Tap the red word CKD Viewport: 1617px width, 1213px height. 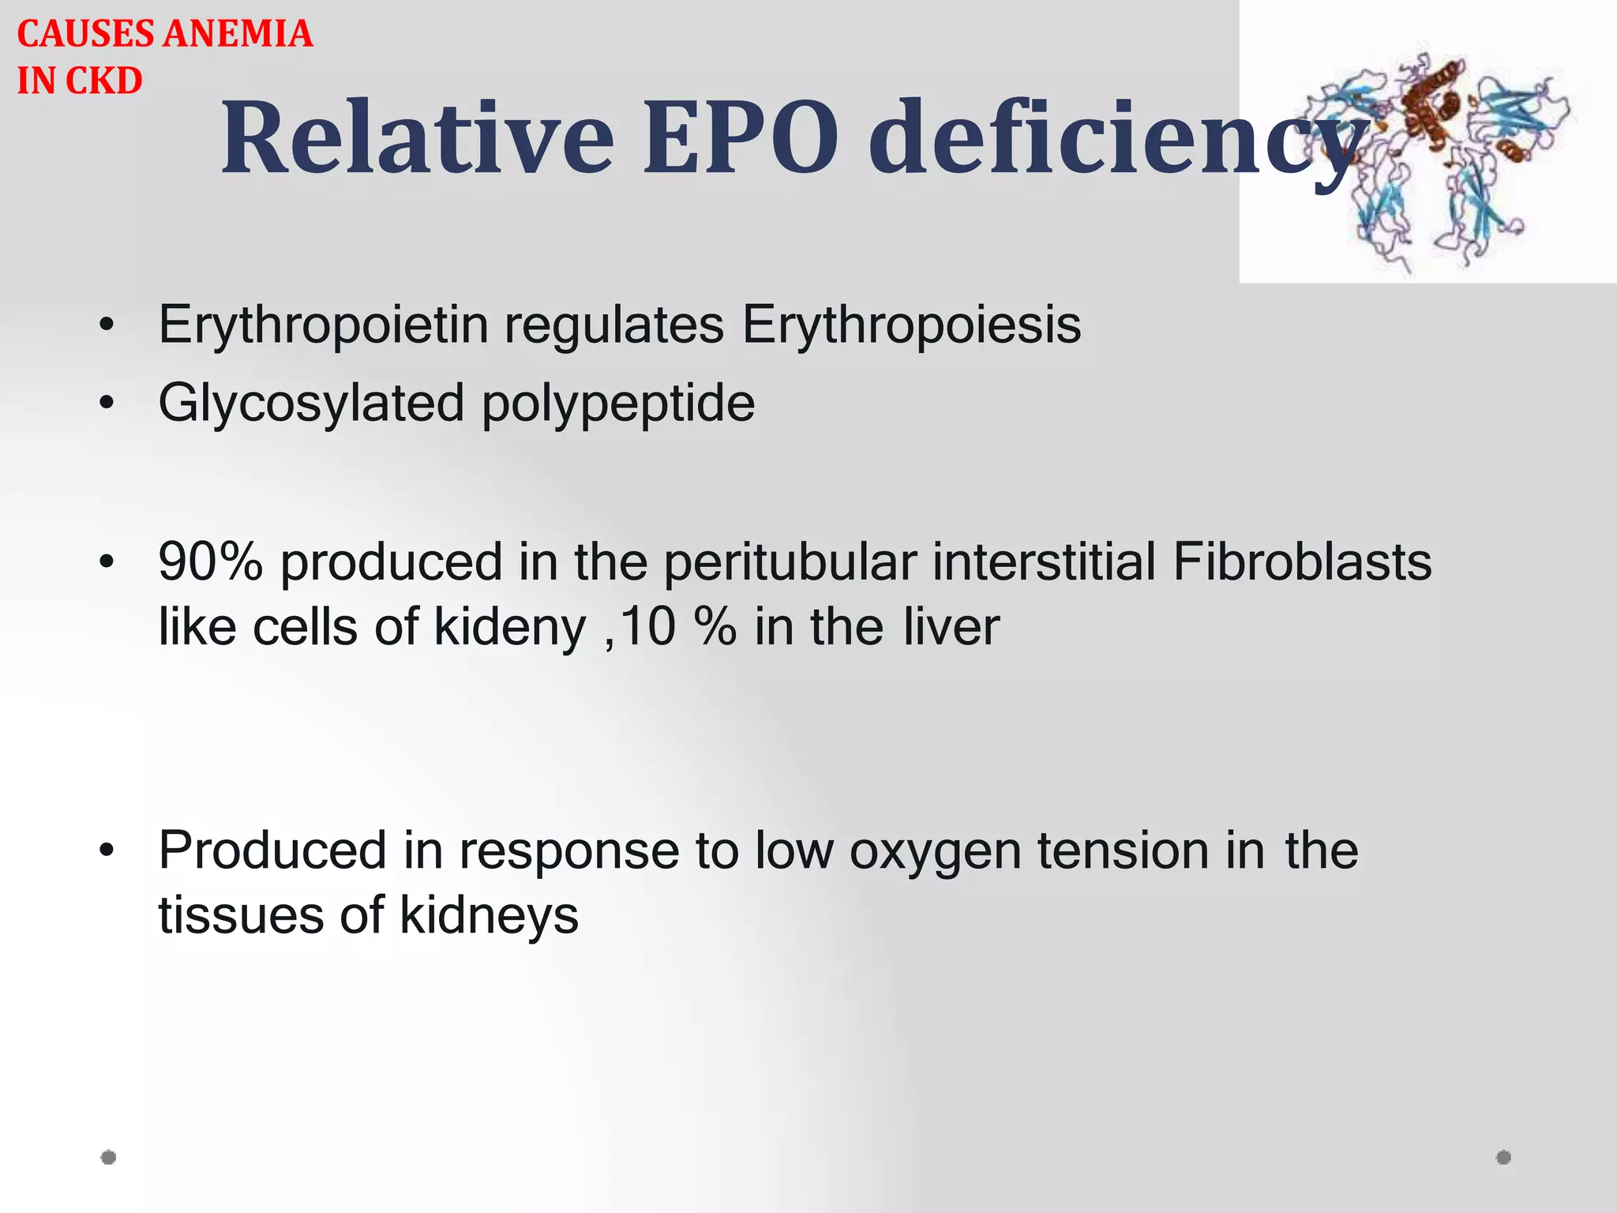[103, 81]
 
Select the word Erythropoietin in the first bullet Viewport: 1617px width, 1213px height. [323, 325]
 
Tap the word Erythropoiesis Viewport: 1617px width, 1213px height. [911, 325]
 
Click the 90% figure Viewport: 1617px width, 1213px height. [210, 561]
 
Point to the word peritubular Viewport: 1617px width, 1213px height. [790, 563]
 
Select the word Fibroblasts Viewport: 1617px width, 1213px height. [1302, 561]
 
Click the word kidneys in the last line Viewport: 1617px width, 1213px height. [489, 916]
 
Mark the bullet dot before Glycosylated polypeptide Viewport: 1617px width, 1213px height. [107, 404]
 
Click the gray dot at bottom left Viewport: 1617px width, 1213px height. [109, 1157]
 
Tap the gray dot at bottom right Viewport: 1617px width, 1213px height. [1503, 1157]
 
